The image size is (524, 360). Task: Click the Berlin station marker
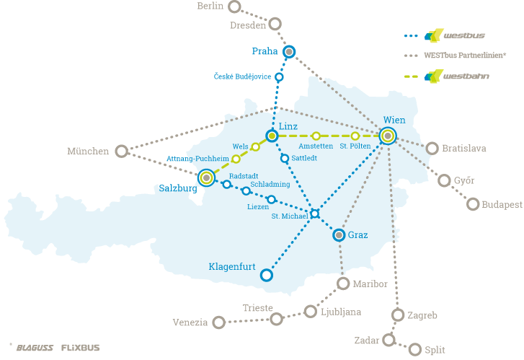click(234, 7)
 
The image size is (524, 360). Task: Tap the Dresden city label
click(247, 25)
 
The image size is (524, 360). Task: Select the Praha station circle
click(289, 52)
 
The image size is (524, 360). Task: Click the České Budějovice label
click(242, 76)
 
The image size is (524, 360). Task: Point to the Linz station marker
click(272, 136)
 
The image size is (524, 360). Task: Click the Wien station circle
click(388, 136)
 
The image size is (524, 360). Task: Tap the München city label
click(87, 152)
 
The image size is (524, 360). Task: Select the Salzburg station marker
click(207, 177)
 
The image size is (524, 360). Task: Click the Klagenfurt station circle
click(266, 275)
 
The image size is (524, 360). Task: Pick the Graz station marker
click(339, 234)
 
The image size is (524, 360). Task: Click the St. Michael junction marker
click(314, 213)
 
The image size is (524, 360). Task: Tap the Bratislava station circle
click(432, 148)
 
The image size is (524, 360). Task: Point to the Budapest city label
click(502, 205)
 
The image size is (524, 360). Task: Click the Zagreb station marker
click(397, 315)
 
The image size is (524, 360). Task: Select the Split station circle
click(414, 349)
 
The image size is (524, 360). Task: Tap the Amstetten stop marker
click(316, 136)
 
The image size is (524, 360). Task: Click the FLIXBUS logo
click(80, 348)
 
